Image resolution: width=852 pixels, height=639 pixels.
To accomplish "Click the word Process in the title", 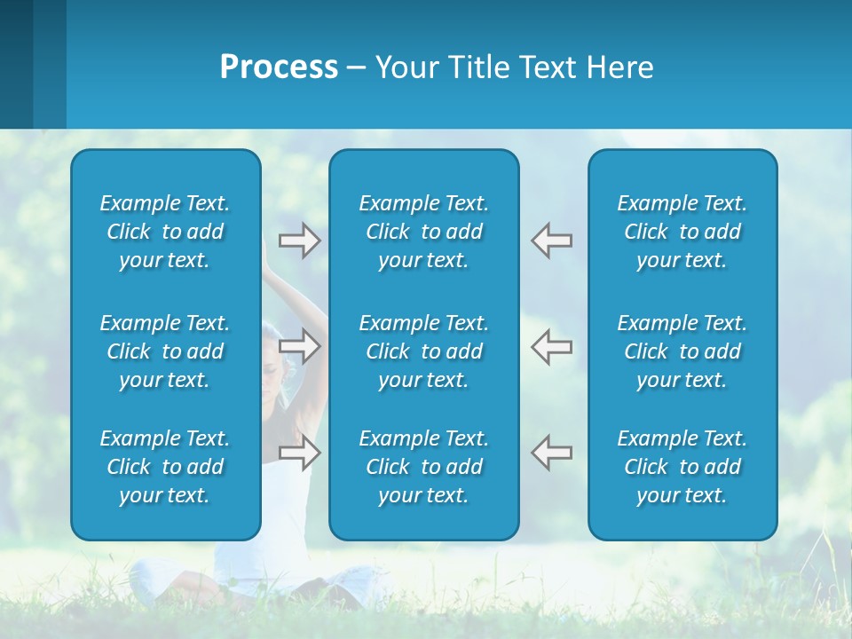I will [279, 67].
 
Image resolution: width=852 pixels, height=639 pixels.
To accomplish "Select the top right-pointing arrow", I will [300, 241].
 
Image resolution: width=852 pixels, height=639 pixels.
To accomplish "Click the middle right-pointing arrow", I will [300, 345].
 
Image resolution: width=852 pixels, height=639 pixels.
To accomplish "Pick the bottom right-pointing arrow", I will [300, 452].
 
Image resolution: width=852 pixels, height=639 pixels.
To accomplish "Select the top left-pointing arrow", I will [551, 241].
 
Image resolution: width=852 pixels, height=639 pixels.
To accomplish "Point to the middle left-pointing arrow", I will [551, 345].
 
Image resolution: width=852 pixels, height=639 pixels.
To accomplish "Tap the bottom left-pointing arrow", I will [551, 452].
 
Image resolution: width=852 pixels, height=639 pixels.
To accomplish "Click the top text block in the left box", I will [165, 232].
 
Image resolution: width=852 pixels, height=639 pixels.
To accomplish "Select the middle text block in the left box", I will [165, 351].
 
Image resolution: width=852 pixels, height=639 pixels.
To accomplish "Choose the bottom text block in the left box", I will [165, 467].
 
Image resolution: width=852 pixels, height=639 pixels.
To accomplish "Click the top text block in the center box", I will [423, 232].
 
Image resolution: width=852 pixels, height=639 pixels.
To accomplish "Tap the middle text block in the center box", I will [423, 351].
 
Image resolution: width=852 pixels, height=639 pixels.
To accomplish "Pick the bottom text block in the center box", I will [423, 467].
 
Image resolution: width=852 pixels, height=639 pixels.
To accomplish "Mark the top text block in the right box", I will [682, 232].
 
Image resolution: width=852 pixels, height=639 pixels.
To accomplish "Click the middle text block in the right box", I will [682, 351].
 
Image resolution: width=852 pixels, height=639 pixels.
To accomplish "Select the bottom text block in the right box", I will [682, 467].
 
